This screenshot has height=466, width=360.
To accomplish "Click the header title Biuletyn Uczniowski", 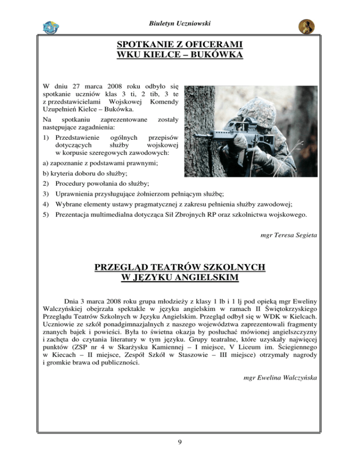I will tap(180, 23).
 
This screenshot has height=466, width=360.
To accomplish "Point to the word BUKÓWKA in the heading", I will tap(221, 56).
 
